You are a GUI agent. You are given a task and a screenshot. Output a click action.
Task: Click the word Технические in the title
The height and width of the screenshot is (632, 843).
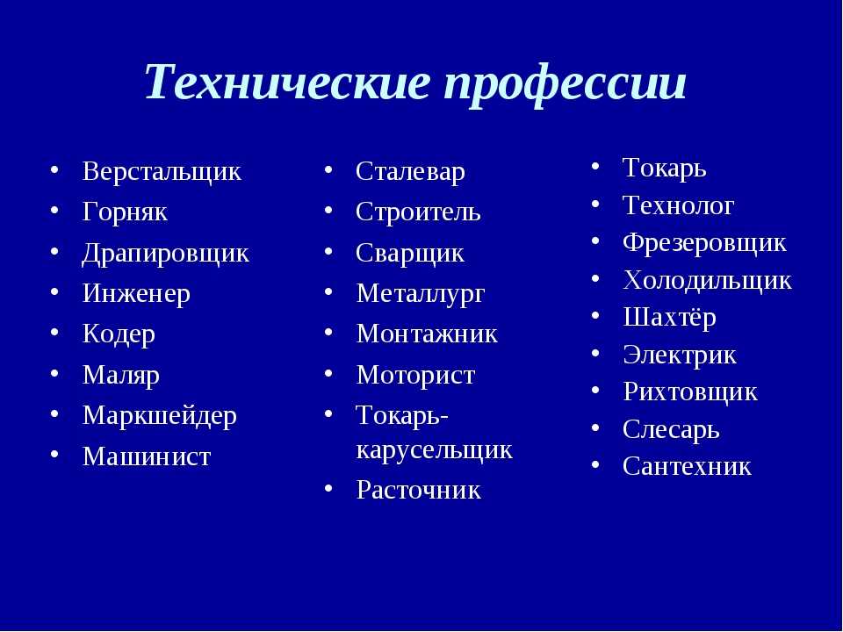pyautogui.click(x=288, y=82)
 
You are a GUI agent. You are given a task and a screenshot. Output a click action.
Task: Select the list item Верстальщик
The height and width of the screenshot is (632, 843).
pyautogui.click(x=162, y=172)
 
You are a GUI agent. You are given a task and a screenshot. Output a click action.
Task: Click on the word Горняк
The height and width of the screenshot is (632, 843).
pyautogui.click(x=125, y=212)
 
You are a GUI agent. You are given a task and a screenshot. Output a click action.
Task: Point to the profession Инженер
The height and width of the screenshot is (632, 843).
pyautogui.click(x=136, y=294)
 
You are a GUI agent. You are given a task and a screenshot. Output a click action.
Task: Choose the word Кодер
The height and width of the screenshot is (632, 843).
pyautogui.click(x=119, y=334)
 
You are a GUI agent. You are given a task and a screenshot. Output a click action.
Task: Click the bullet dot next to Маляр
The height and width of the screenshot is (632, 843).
pyautogui.click(x=54, y=373)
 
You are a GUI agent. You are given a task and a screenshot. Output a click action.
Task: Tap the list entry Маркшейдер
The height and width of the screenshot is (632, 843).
pyautogui.click(x=160, y=416)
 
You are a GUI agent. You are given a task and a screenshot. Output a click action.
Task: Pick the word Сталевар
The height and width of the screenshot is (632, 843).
pyautogui.click(x=410, y=172)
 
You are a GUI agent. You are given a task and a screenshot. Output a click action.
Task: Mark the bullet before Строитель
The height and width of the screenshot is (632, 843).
pyautogui.click(x=328, y=210)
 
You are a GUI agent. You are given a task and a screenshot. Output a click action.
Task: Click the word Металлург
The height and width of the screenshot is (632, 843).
pyautogui.click(x=421, y=294)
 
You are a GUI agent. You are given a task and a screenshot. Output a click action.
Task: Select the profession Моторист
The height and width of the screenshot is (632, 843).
pyautogui.click(x=415, y=375)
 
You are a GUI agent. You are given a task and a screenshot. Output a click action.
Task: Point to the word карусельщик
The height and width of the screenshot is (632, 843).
pyautogui.click(x=435, y=450)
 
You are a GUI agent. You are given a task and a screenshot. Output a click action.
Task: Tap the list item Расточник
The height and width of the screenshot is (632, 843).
pyautogui.click(x=418, y=490)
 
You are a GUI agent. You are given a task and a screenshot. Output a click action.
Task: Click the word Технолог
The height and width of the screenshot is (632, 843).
pyautogui.click(x=679, y=205)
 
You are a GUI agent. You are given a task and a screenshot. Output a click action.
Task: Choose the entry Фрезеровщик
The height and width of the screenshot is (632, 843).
pyautogui.click(x=704, y=243)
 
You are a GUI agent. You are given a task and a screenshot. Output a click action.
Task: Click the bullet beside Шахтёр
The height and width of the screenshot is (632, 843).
pyautogui.click(x=595, y=316)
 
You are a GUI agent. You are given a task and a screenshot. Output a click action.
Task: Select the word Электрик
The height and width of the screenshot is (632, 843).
pyautogui.click(x=680, y=355)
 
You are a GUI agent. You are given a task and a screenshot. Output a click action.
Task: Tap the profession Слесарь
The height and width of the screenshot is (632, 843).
pyautogui.click(x=671, y=430)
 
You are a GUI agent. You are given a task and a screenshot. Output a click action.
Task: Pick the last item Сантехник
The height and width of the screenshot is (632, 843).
pyautogui.click(x=687, y=466)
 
